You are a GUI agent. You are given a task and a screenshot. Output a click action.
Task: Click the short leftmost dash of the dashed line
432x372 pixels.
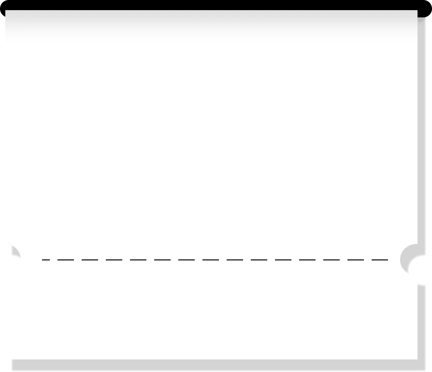tap(46, 260)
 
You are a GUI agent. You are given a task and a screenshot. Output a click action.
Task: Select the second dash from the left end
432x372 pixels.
tap(65, 260)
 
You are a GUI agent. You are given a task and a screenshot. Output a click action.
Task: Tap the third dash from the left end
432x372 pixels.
tap(89, 260)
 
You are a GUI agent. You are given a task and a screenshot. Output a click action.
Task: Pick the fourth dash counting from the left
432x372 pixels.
tap(114, 260)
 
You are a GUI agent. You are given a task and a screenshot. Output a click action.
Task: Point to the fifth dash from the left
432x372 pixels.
tap(138, 260)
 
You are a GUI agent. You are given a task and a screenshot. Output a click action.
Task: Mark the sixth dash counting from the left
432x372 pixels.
tap(162, 260)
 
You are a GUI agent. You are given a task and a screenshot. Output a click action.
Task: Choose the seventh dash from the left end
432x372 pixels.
tap(186, 260)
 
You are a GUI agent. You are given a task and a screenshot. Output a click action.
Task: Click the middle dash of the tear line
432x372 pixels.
tap(210, 260)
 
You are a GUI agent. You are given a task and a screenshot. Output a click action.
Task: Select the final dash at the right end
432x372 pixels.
tap(379, 260)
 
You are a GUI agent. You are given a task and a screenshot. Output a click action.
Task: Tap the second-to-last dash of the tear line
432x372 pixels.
tap(355, 260)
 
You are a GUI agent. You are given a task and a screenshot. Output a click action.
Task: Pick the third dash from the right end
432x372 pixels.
tap(331, 260)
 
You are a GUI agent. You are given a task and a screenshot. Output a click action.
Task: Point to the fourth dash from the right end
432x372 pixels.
tap(307, 260)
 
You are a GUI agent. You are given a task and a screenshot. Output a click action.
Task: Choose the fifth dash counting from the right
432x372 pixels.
tap(283, 260)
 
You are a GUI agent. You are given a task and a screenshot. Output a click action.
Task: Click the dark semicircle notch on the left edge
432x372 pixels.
tap(13, 253)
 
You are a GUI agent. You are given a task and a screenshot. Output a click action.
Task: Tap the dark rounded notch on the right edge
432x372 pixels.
tap(407, 256)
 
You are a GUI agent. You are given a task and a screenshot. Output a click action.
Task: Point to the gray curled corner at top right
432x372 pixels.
tap(424, 19)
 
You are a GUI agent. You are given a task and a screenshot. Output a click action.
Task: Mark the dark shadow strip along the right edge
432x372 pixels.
tap(424, 145)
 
